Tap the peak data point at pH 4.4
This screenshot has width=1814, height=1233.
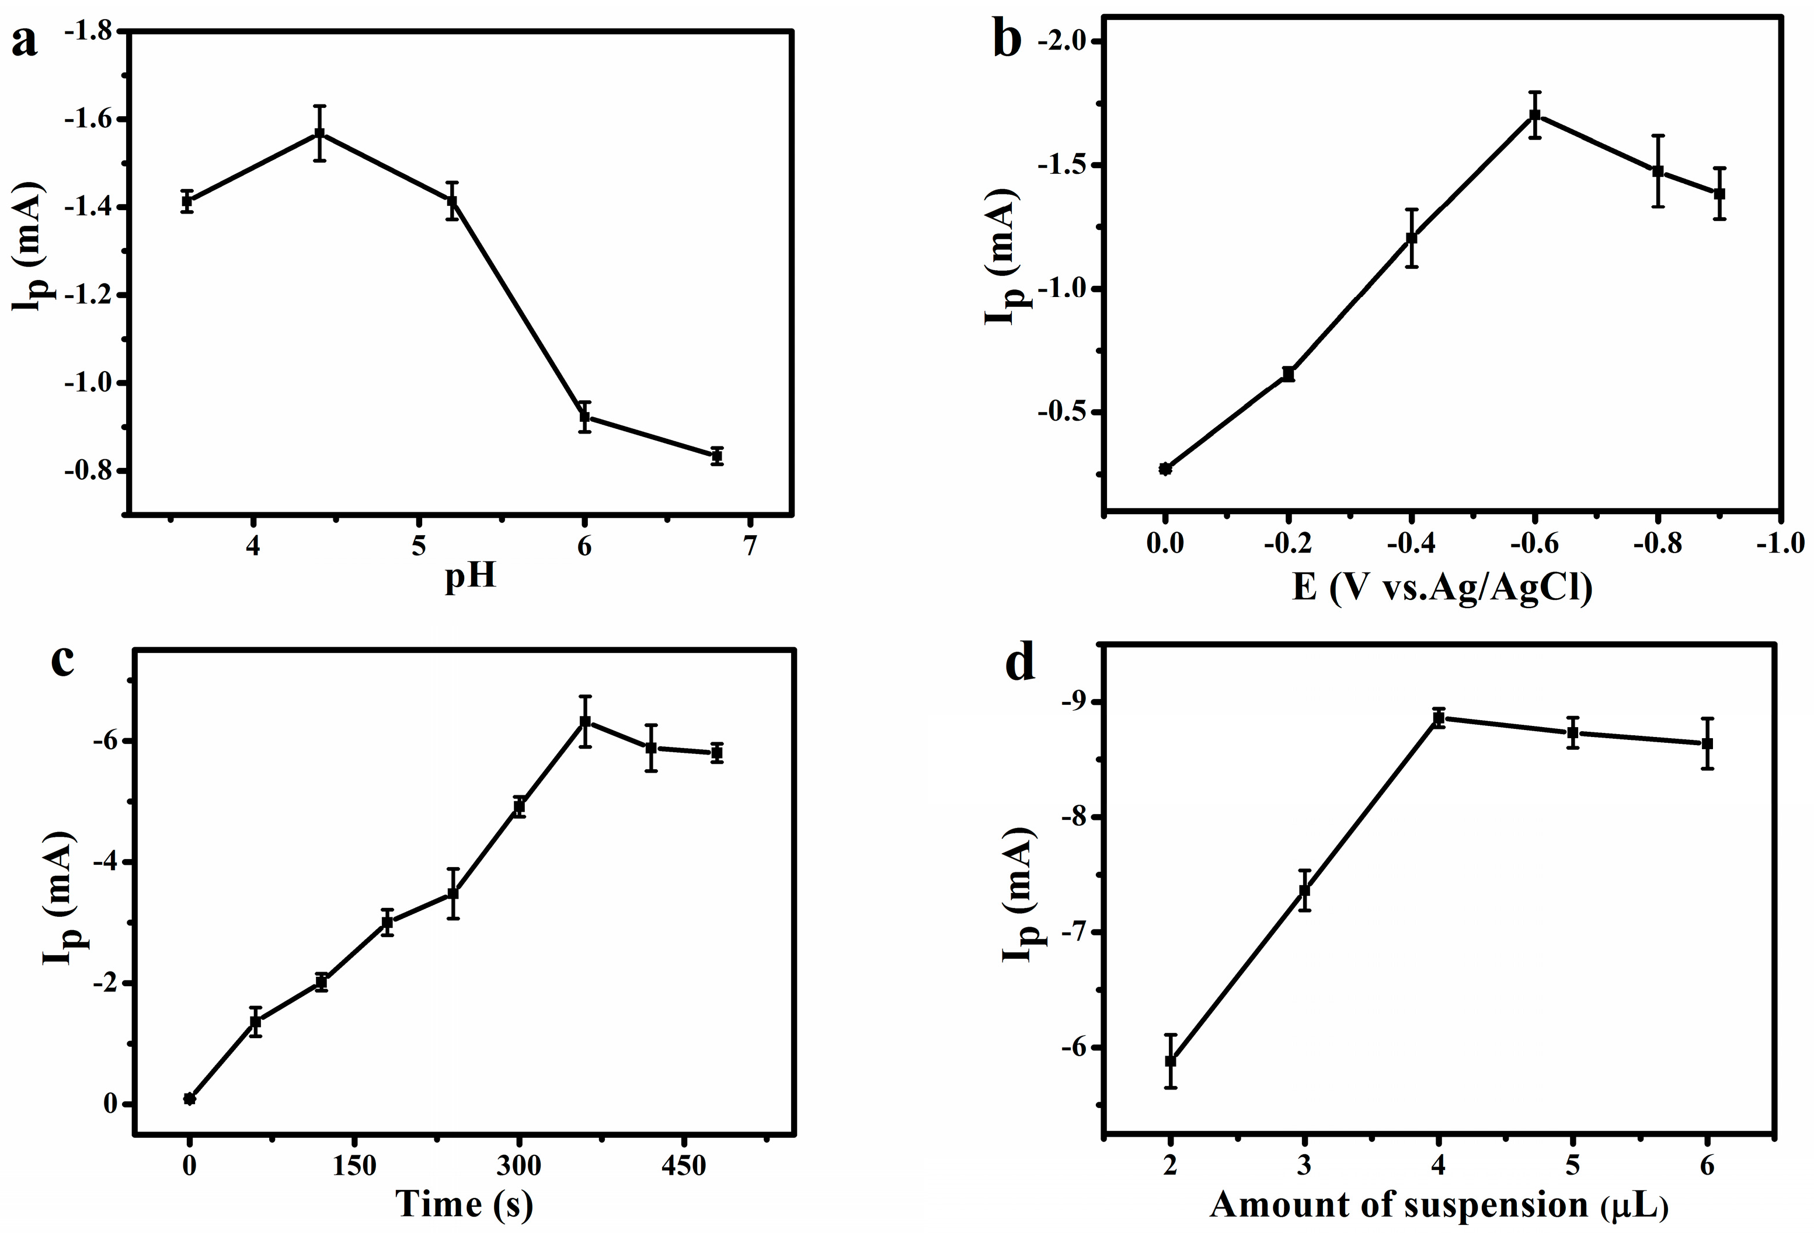click(319, 134)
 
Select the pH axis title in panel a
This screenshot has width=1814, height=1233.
click(470, 578)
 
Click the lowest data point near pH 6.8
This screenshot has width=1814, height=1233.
click(716, 456)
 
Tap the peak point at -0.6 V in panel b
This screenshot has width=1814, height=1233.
click(1534, 116)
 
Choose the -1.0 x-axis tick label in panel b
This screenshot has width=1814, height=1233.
click(1780, 543)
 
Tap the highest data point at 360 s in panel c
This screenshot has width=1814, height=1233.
click(584, 721)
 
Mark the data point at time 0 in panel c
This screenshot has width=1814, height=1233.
click(189, 1099)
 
